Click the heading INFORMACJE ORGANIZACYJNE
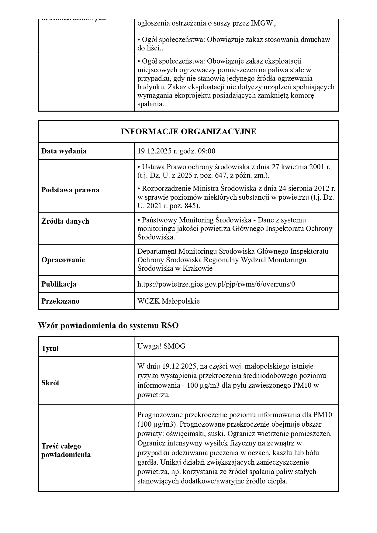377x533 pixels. point(188,132)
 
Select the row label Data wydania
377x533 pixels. point(64,151)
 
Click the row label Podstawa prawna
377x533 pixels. point(70,190)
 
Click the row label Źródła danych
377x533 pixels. point(65,221)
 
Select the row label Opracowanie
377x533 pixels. point(63,260)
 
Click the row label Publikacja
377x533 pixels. point(59,284)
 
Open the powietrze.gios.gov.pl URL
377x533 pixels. point(216,284)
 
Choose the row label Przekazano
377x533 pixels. point(60,301)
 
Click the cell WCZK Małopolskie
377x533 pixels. point(168,301)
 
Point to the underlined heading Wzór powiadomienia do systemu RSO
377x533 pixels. point(108,325)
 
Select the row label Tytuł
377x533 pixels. point(50,349)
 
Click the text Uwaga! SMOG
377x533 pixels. point(161,346)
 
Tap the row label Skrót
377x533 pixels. point(50,383)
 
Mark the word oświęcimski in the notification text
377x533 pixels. point(179,434)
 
